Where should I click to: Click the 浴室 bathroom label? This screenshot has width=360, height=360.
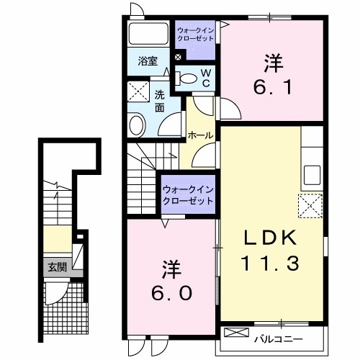click(148, 61)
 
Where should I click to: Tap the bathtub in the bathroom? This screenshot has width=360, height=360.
click(148, 34)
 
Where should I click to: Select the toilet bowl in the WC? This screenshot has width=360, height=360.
click(186, 78)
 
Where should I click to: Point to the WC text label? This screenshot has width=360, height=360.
click(206, 78)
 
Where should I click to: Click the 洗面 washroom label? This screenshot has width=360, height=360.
click(159, 102)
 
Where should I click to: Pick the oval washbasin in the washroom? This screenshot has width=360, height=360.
click(137, 125)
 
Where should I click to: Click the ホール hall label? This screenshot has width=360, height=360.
click(201, 135)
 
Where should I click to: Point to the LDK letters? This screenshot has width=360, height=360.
click(270, 238)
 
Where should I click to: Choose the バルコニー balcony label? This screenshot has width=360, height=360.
click(279, 339)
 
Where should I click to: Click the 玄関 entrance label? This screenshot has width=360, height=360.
click(57, 267)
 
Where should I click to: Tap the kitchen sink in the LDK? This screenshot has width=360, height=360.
click(312, 175)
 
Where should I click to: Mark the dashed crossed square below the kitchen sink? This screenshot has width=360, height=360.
click(310, 206)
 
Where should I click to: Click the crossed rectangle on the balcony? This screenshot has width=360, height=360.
click(236, 333)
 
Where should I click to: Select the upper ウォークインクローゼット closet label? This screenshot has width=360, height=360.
click(195, 35)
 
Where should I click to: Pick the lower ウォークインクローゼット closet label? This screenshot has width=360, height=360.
click(188, 195)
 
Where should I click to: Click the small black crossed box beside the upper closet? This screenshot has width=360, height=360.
click(178, 57)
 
